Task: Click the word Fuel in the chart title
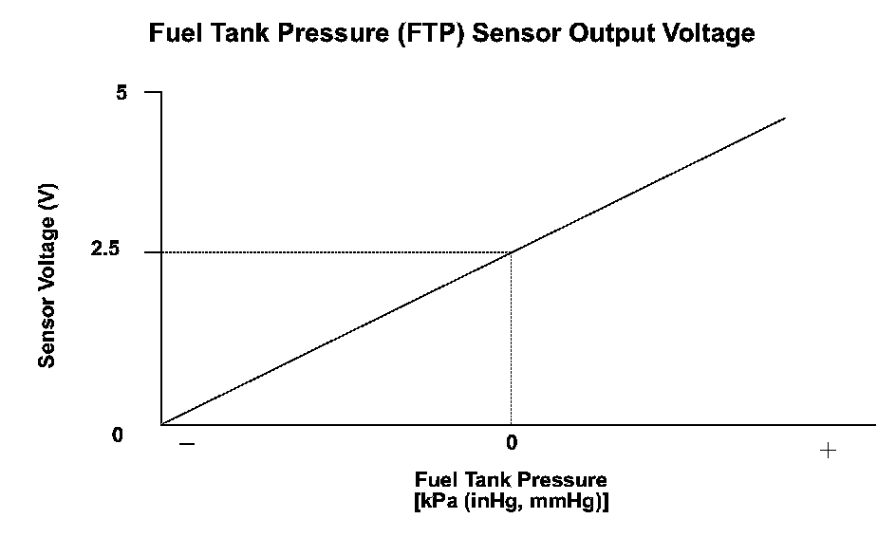click(175, 34)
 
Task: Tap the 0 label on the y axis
click(118, 435)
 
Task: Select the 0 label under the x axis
click(511, 442)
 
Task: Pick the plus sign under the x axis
click(828, 451)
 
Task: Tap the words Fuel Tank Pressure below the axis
click(511, 480)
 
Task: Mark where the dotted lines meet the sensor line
click(511, 252)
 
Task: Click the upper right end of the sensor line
click(785, 118)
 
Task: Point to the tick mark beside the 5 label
click(152, 92)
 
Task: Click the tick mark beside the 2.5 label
click(152, 252)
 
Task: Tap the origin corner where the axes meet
click(161, 425)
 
